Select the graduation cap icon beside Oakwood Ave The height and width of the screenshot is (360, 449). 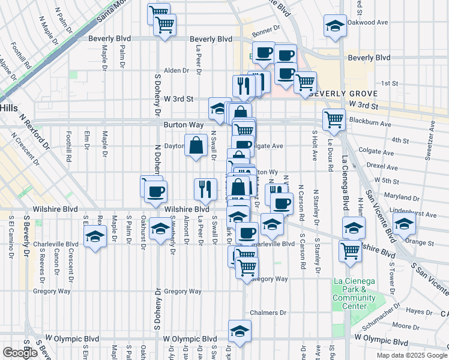click(335, 26)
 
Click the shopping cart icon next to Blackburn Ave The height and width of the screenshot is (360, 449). click(334, 119)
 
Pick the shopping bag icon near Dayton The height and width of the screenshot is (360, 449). click(196, 145)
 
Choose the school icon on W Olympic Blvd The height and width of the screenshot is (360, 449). click(240, 331)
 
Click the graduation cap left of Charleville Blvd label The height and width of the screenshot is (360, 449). click(95, 238)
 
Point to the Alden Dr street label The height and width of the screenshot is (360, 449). click(176, 70)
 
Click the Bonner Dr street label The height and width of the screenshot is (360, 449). click(266, 28)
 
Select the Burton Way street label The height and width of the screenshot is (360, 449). click(180, 125)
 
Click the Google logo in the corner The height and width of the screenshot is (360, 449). click(20, 353)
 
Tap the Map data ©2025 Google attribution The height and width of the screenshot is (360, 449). click(412, 355)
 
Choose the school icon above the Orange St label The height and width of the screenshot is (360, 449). click(405, 224)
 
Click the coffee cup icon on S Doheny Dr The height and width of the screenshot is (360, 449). click(156, 192)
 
